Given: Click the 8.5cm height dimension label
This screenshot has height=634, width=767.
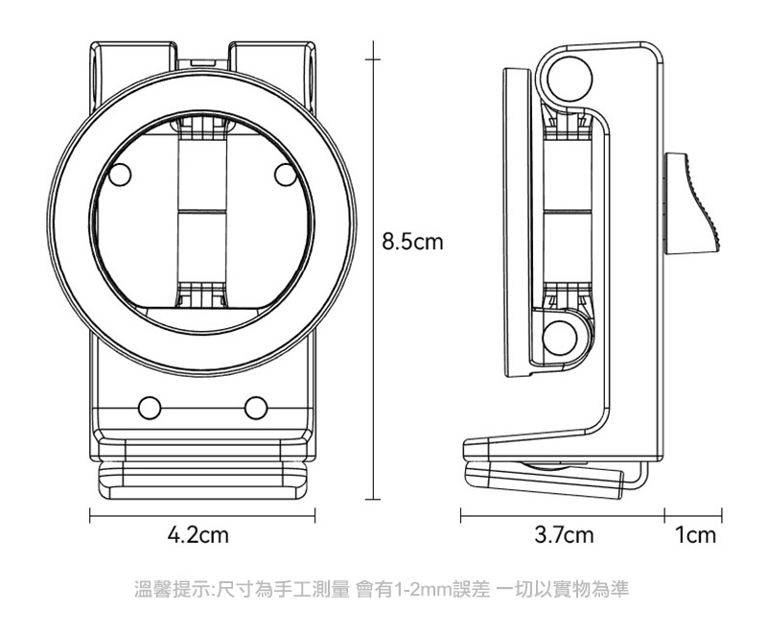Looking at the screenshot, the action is (x=412, y=242).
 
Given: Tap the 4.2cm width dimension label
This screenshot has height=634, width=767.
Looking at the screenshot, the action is (x=198, y=534).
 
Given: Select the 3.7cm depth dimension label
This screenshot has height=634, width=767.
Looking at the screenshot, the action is (x=564, y=534).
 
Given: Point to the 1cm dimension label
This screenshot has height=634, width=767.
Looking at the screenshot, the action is (x=695, y=534).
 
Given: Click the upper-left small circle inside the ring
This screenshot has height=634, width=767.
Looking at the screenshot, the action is (x=120, y=176).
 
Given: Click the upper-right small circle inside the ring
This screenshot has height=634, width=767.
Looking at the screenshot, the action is (x=286, y=176).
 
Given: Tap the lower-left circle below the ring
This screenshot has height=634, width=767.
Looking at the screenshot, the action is (x=150, y=408).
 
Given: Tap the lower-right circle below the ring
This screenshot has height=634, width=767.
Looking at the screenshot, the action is (x=256, y=408).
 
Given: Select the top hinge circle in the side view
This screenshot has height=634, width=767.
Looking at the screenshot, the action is (x=569, y=79).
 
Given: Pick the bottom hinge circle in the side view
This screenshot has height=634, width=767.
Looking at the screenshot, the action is (x=561, y=338).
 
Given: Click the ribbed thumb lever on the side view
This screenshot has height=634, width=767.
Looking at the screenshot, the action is (x=690, y=203).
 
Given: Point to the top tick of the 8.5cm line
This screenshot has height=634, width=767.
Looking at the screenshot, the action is (x=373, y=59).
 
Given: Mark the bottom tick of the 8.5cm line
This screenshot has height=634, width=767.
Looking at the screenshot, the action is (x=373, y=500).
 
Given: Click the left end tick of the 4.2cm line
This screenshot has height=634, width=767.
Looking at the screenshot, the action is (x=90, y=516).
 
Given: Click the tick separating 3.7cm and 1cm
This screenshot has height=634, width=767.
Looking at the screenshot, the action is (x=664, y=515).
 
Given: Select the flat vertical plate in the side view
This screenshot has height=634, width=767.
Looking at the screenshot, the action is (x=517, y=223).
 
